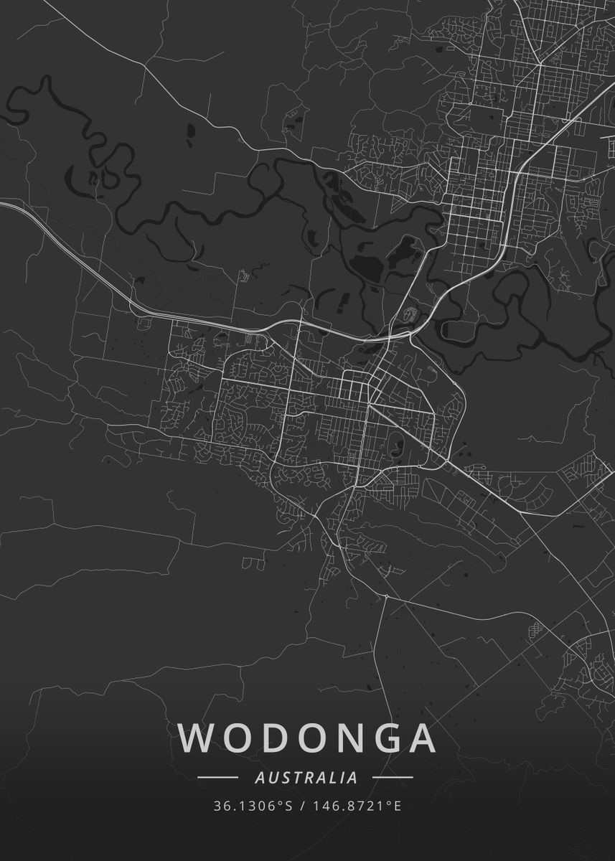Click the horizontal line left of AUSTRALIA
click(217, 777)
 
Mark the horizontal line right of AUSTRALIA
click(393, 777)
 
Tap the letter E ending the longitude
click(398, 806)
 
